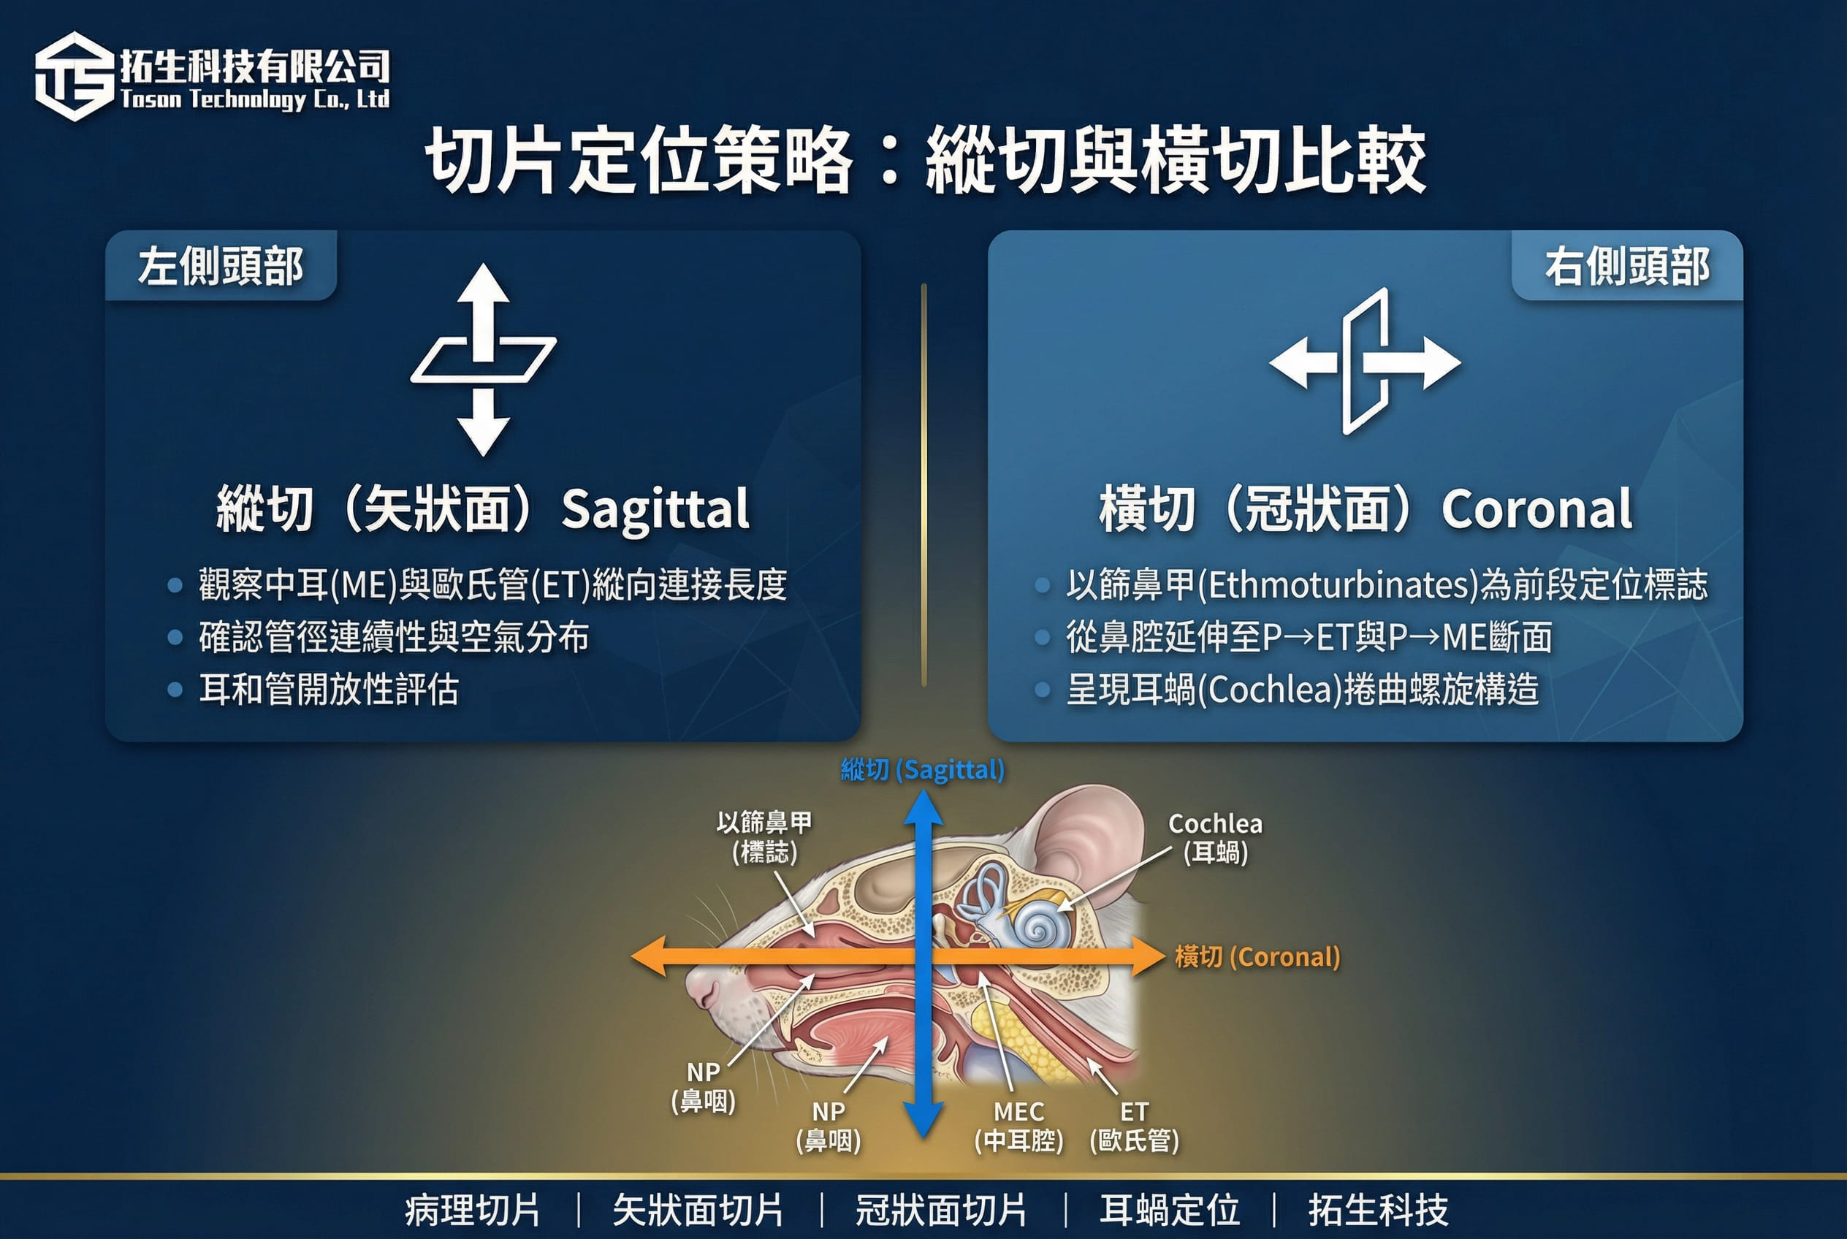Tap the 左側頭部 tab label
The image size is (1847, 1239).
point(221,267)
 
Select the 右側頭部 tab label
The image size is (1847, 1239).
point(1627,267)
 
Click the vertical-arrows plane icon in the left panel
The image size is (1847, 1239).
point(484,359)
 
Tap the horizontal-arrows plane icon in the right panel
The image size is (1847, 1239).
point(1365,361)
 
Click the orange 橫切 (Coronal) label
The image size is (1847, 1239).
point(1257,957)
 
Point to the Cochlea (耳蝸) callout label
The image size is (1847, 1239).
point(1216,838)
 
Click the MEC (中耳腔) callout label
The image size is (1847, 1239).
point(1018,1126)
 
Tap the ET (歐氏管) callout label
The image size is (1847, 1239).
point(1134,1126)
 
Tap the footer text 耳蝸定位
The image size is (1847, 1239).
point(1169,1210)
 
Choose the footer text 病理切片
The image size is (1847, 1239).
point(473,1210)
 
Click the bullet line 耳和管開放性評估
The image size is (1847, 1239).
point(329,689)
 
